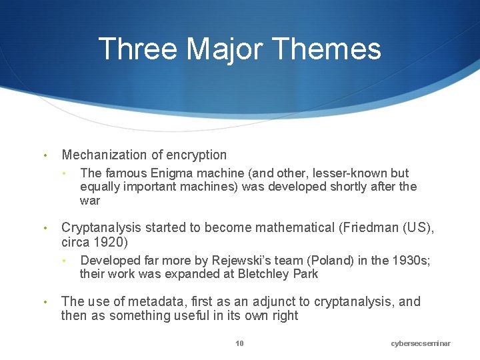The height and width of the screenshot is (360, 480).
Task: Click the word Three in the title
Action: point(138,49)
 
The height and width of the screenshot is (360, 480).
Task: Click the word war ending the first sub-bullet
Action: point(89,200)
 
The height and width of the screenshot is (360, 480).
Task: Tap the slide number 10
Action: point(239,343)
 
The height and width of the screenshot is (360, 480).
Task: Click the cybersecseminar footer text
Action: point(421,343)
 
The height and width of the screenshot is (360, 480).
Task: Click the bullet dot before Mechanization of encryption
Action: point(44,155)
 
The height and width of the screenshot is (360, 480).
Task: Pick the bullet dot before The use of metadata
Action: point(44,302)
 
